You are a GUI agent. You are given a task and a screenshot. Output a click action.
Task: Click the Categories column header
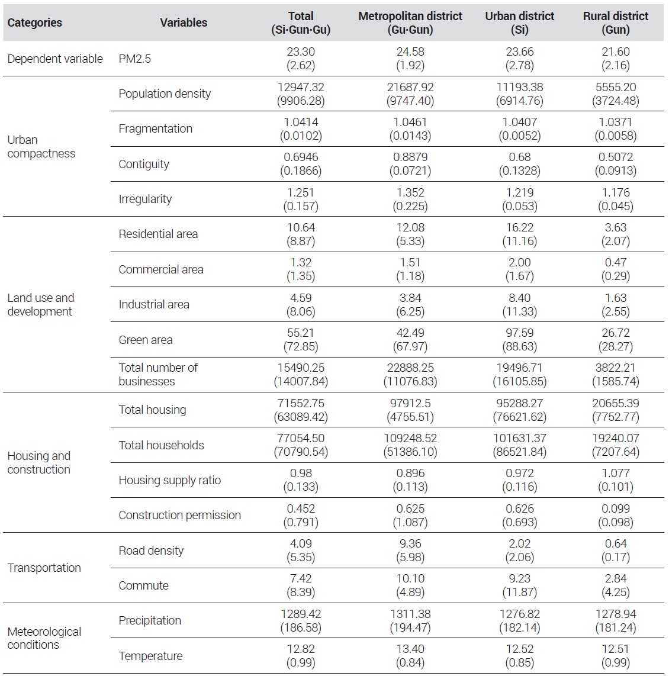click(34, 22)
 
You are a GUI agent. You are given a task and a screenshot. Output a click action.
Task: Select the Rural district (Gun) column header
click(616, 22)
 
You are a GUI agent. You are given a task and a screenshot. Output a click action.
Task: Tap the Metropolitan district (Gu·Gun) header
click(410, 22)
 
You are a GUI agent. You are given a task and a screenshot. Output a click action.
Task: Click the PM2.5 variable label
click(134, 59)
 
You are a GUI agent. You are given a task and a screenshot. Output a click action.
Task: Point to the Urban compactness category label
click(41, 147)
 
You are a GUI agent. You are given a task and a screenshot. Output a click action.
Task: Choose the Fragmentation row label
click(155, 128)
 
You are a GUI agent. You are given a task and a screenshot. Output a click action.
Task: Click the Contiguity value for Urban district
click(519, 164)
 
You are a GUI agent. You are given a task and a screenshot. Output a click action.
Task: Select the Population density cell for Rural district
click(616, 94)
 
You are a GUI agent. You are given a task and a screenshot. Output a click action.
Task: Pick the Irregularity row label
click(145, 199)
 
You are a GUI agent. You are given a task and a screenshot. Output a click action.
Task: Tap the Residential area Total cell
click(301, 234)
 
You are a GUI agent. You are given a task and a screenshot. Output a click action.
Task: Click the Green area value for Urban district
click(519, 340)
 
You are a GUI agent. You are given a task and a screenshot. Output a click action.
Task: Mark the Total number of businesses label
click(157, 374)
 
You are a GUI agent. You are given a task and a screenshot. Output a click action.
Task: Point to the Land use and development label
click(40, 304)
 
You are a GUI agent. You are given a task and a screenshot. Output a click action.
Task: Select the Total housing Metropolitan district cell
click(410, 410)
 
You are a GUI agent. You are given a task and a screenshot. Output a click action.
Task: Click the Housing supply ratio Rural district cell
click(616, 480)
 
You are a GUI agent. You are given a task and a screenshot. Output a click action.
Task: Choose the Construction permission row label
click(179, 515)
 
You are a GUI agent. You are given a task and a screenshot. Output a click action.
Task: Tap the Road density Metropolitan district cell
click(410, 551)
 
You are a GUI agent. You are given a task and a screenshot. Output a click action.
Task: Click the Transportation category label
click(44, 568)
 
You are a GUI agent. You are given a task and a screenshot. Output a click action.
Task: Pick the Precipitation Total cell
click(301, 621)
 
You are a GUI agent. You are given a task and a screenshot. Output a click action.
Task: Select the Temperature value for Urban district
click(519, 656)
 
